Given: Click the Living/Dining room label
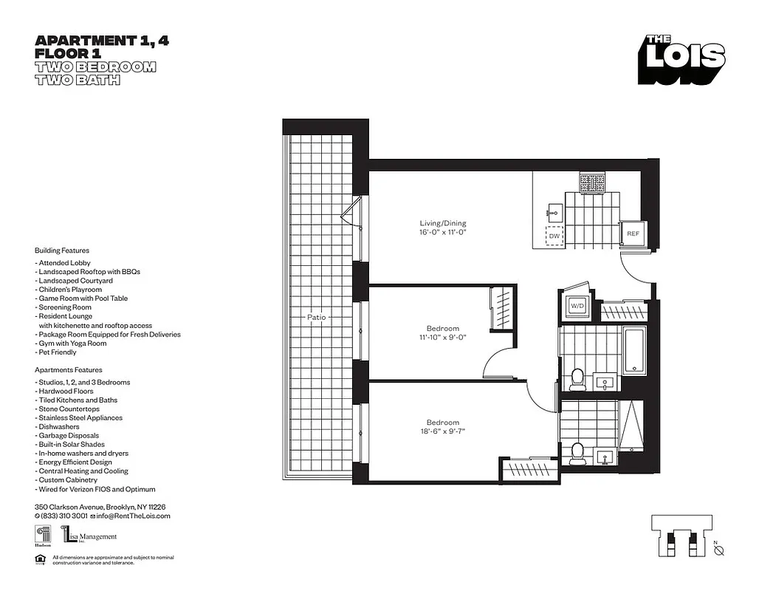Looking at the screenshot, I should pyautogui.click(x=443, y=223).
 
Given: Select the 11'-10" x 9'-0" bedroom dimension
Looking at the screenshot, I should pyautogui.click(x=443, y=338).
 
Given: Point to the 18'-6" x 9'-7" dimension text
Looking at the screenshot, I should pyautogui.click(x=443, y=431).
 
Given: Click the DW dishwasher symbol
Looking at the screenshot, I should pyautogui.click(x=554, y=236).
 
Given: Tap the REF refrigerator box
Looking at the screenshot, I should pyautogui.click(x=633, y=233).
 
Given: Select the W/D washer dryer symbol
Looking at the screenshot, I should pyautogui.click(x=577, y=306).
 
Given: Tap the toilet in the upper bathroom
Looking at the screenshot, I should pyautogui.click(x=578, y=380).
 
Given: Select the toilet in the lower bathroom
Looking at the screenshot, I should pyautogui.click(x=578, y=452).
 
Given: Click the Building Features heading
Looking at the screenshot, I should pyautogui.click(x=62, y=250).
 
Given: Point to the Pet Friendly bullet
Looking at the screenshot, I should pyautogui.click(x=56, y=352).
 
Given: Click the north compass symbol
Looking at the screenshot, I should pyautogui.click(x=720, y=550).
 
